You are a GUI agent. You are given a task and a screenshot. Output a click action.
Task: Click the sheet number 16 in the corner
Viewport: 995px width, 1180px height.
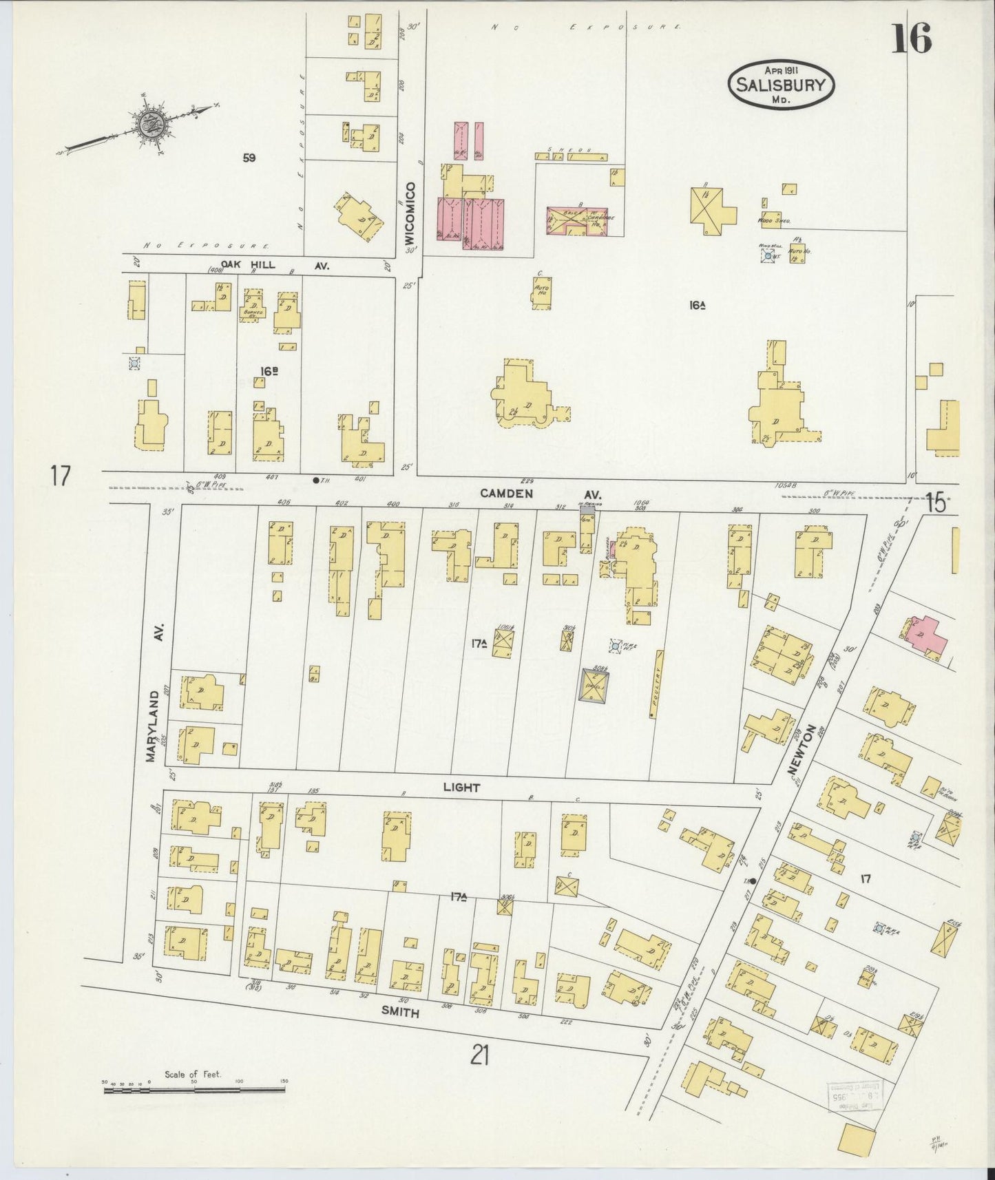[912, 38]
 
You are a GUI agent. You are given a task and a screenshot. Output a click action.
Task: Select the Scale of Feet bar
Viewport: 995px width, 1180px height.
[194, 1090]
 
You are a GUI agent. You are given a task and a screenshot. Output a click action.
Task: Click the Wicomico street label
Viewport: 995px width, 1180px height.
[410, 213]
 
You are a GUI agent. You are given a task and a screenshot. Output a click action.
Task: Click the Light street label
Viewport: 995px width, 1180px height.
[461, 787]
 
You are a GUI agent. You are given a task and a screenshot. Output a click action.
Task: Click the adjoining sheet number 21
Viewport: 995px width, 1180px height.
[480, 1054]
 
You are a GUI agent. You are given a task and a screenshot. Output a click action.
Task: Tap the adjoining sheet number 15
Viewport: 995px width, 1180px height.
[935, 503]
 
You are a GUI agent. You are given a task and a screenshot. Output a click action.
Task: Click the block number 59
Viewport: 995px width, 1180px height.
[249, 158]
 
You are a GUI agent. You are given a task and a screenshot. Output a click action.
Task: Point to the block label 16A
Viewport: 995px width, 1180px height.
[698, 304]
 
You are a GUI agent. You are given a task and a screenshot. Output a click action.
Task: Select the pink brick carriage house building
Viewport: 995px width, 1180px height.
[577, 220]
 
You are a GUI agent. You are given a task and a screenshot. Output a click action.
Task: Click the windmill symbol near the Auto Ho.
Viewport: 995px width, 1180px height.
[768, 256]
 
